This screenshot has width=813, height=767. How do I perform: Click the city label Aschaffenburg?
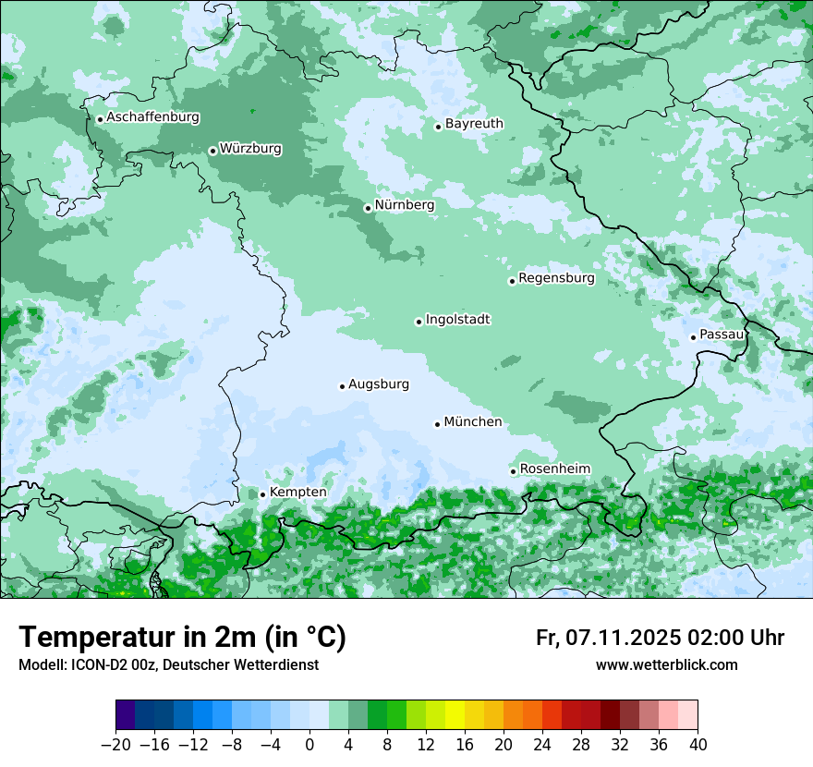click(x=152, y=117)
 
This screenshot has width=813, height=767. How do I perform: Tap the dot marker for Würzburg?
click(x=212, y=151)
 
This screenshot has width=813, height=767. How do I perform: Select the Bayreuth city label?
click(x=474, y=124)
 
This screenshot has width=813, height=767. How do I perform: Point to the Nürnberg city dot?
click(x=368, y=208)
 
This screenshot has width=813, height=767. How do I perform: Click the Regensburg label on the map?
click(x=556, y=278)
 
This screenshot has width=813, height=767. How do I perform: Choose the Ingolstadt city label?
click(x=457, y=320)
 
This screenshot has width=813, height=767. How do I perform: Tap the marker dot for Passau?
click(x=693, y=337)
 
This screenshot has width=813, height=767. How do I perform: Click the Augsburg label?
click(x=378, y=384)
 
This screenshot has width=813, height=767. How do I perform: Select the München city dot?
click(x=437, y=424)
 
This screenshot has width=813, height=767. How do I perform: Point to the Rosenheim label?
click(x=554, y=469)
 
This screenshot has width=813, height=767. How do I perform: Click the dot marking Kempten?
click(x=262, y=494)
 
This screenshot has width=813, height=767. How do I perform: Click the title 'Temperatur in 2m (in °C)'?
click(x=182, y=638)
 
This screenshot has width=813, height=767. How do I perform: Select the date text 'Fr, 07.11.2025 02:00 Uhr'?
click(x=660, y=639)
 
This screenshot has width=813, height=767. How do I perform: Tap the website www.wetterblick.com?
click(x=666, y=665)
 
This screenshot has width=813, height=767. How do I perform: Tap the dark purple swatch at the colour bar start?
click(x=126, y=715)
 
